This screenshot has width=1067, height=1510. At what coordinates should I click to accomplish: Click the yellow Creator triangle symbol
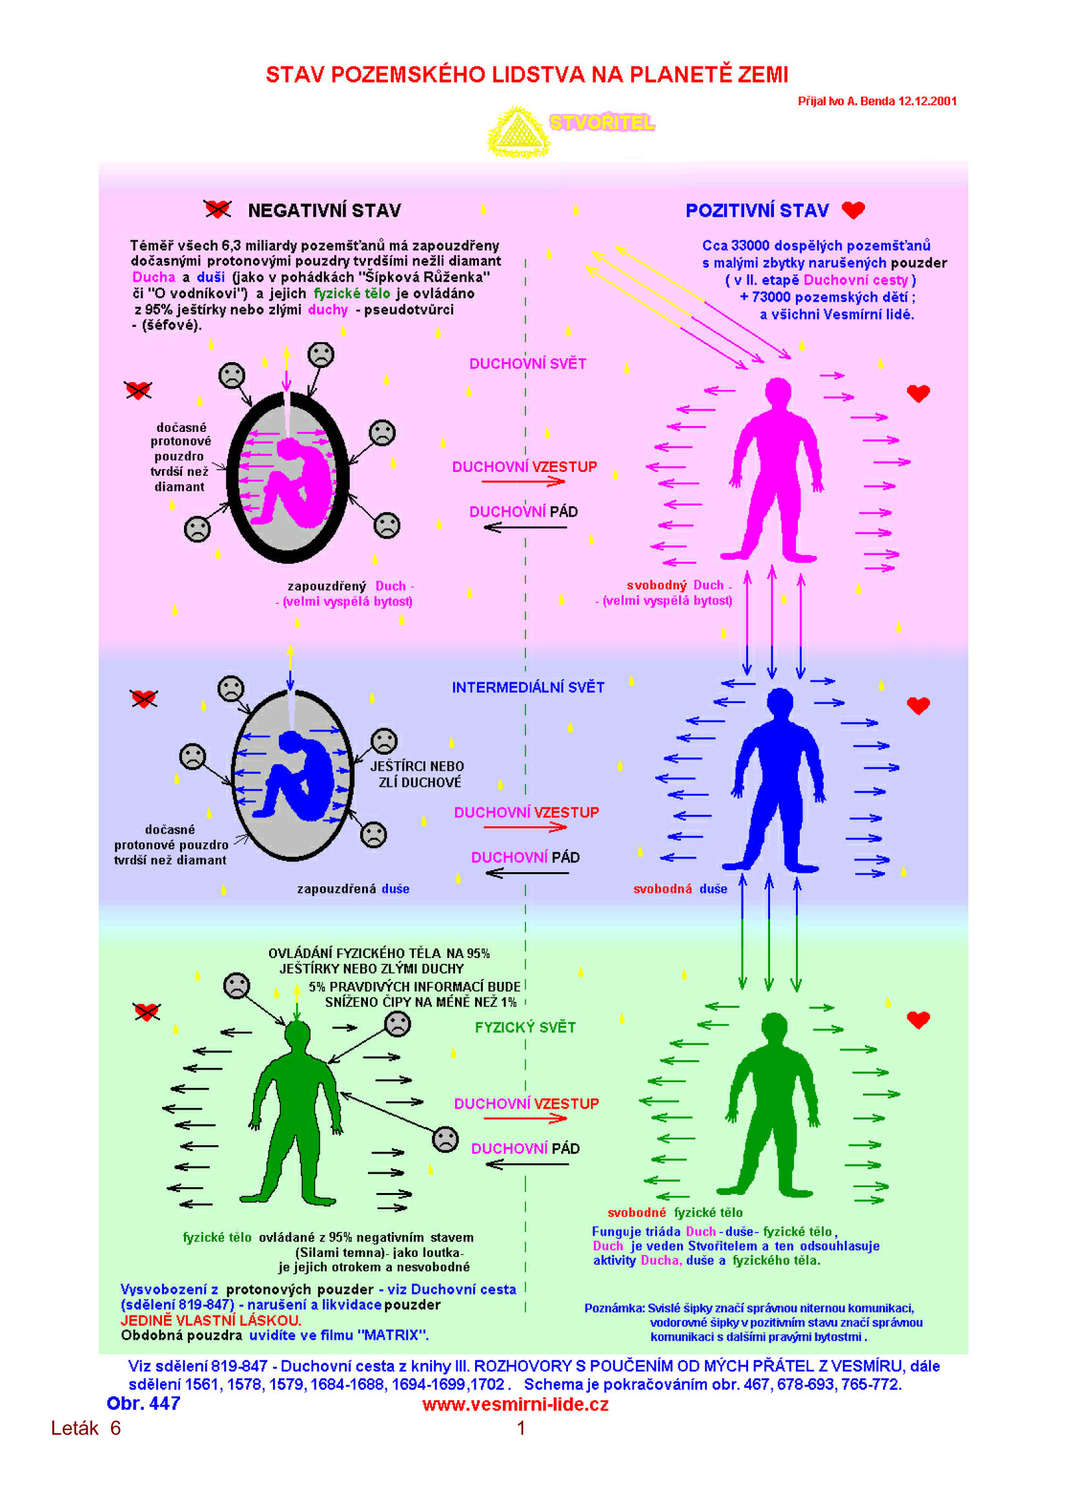tap(518, 132)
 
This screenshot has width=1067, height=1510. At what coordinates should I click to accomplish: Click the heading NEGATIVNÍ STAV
tap(324, 210)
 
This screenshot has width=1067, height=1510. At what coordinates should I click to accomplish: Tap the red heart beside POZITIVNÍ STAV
tap(853, 210)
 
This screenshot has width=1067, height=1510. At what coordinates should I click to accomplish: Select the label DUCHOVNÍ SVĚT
tap(527, 363)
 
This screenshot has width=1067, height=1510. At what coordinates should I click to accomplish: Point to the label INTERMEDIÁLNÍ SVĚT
tap(528, 688)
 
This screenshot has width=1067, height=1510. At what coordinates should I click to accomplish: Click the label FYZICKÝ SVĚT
tap(525, 1027)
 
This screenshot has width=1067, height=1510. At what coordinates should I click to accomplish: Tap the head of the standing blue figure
tap(780, 700)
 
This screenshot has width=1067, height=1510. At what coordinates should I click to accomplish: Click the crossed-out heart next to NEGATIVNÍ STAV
tap(217, 209)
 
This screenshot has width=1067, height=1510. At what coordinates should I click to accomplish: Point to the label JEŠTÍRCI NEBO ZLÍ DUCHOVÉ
tap(418, 774)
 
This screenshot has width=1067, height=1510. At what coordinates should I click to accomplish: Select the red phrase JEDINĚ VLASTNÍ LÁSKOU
tap(210, 1320)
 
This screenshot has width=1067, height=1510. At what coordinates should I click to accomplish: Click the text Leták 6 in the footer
tap(85, 1428)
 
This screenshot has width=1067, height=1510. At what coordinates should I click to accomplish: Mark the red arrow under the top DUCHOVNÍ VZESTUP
tap(523, 482)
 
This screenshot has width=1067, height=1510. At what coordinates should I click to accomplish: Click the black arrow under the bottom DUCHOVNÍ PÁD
tap(527, 1164)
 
